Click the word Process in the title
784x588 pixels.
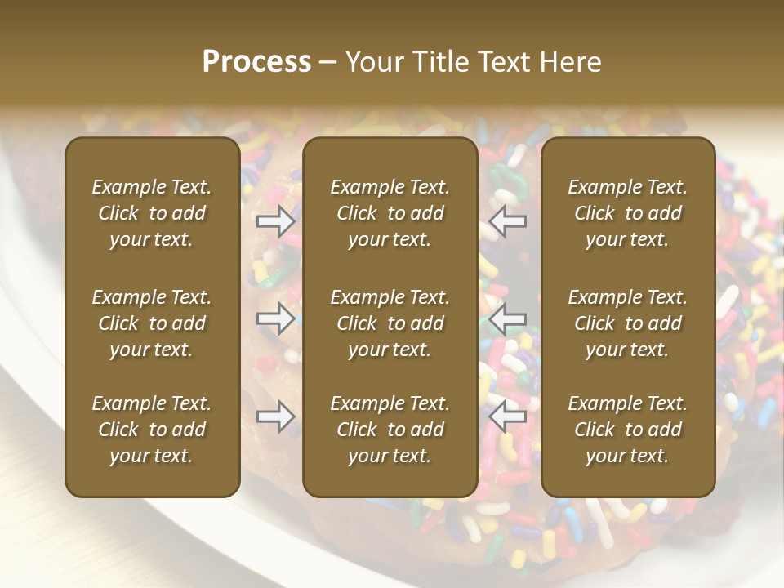256,62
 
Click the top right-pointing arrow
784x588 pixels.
276,220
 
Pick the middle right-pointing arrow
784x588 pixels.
276,318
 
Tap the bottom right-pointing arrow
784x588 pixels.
276,416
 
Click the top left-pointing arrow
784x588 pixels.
508,220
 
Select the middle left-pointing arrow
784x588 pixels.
508,318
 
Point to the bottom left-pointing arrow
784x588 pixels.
508,416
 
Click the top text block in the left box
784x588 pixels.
152,213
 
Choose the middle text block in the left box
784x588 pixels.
152,323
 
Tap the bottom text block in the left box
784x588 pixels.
152,430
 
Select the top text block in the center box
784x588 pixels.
390,213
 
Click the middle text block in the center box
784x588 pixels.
390,323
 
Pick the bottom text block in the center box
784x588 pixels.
390,430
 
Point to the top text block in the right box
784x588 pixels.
628,213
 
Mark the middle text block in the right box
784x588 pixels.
628,323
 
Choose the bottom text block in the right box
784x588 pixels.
628,430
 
